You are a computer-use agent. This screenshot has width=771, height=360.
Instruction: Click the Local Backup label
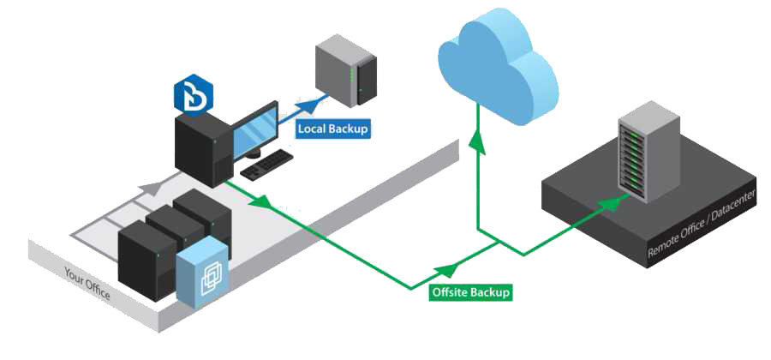(332, 129)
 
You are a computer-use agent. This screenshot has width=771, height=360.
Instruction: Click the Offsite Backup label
(471, 292)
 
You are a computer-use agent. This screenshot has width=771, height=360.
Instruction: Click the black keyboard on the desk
(268, 165)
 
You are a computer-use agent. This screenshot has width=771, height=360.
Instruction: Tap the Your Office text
(88, 284)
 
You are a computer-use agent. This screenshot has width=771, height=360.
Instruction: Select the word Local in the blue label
(312, 129)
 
